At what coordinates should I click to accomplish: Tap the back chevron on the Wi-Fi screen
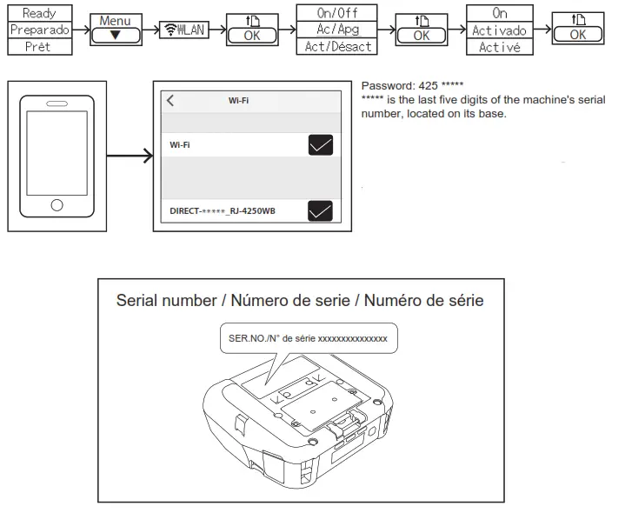pyautogui.click(x=170, y=100)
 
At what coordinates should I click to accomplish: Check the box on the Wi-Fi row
pyautogui.click(x=321, y=145)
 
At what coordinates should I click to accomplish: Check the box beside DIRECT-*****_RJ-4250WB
pyautogui.click(x=321, y=210)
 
